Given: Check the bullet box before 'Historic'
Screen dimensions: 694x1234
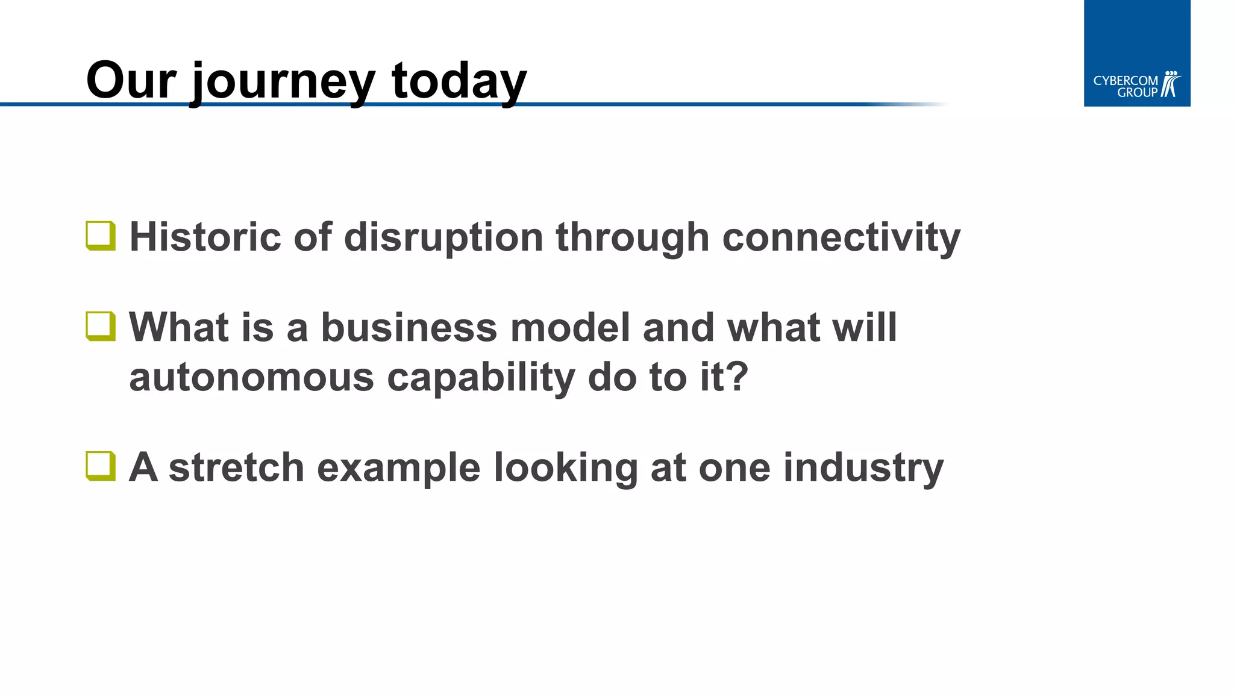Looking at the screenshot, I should pyautogui.click(x=101, y=236).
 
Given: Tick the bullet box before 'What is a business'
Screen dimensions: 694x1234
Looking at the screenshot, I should pyautogui.click(x=101, y=326).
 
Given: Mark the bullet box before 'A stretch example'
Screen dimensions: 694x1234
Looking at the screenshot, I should pyautogui.click(x=101, y=466).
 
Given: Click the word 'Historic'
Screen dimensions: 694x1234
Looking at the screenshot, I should pyautogui.click(x=205, y=237).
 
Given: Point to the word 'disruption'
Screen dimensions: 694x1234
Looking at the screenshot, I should pyautogui.click(x=443, y=237).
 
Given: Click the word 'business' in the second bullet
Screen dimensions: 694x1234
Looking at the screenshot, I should pyautogui.click(x=409, y=328).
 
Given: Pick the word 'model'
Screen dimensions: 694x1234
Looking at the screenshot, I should pyautogui.click(x=570, y=328).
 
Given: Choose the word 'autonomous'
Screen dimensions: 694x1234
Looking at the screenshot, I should pyautogui.click(x=251, y=378).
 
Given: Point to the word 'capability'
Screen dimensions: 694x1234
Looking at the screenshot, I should pyautogui.click(x=481, y=378).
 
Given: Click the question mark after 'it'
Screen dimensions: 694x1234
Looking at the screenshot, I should pyautogui.click(x=737, y=377).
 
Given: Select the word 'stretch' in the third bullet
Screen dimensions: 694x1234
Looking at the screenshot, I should pyautogui.click(x=236, y=467).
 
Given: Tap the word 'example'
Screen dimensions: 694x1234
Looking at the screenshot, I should pyautogui.click(x=398, y=468).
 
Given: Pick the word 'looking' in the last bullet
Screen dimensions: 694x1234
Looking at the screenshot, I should pyautogui.click(x=566, y=468).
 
